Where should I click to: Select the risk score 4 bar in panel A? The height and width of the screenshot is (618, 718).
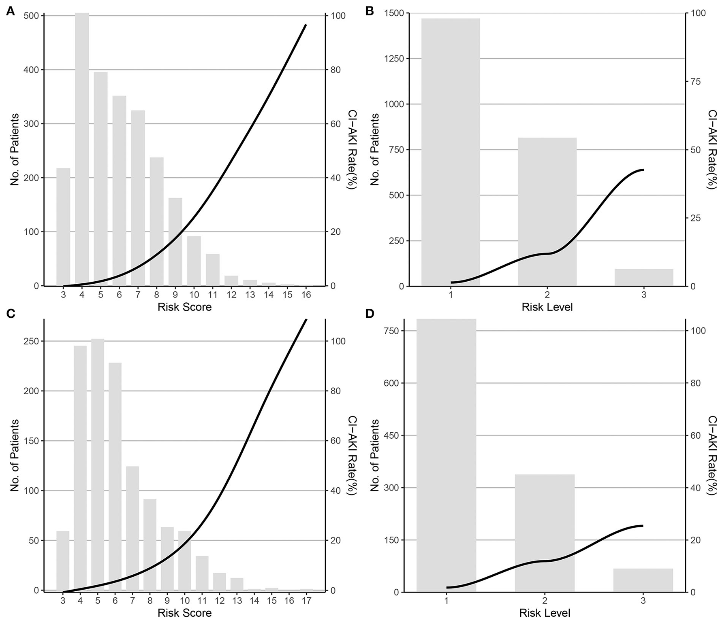(82, 150)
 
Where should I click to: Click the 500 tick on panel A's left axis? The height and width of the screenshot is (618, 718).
(32, 16)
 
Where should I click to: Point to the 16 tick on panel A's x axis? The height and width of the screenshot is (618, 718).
(306, 295)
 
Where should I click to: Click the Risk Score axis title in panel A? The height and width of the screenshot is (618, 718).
(184, 307)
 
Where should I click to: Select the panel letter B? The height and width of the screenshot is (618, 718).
(370, 12)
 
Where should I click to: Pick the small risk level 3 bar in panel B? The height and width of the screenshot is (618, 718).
(643, 277)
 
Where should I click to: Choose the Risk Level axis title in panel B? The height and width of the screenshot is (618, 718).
(547, 307)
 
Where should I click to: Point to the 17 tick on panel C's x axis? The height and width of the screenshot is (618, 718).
(306, 601)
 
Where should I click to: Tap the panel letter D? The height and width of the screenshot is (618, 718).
(370, 314)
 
